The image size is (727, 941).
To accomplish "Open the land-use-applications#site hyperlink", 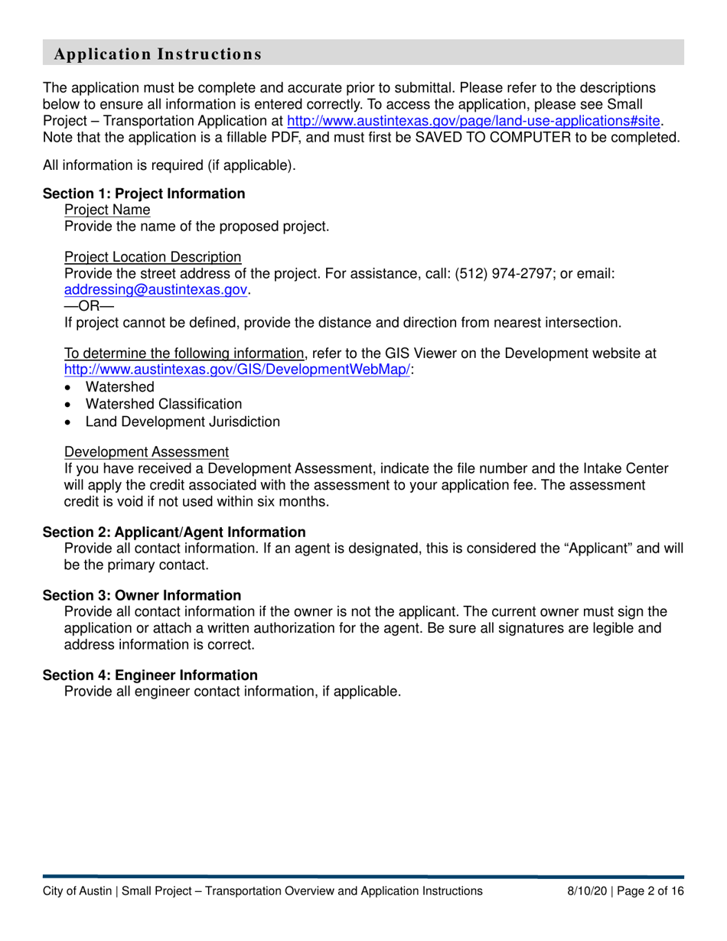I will tap(474, 121).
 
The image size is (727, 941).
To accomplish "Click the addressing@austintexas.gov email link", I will tap(156, 290).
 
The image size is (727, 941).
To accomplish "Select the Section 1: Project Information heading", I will tap(144, 194).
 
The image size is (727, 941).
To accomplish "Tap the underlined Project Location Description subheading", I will tap(152, 258).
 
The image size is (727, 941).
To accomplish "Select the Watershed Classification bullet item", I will tap(164, 404).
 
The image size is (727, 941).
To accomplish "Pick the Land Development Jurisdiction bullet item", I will tap(182, 422).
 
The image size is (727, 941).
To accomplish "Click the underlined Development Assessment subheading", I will tap(146, 452).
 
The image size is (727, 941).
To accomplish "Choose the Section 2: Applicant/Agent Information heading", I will tap(174, 532).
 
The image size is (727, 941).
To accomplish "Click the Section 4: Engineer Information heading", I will tap(150, 675).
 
